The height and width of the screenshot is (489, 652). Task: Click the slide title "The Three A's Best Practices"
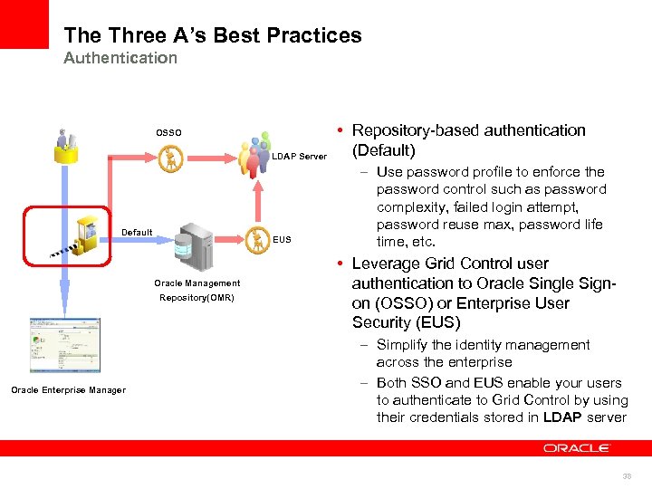(x=213, y=35)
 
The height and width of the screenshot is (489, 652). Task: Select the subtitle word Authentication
(x=120, y=58)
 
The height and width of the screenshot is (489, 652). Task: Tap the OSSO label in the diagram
(x=168, y=133)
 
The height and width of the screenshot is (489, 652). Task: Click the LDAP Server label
(x=299, y=157)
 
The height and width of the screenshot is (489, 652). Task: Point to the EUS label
(x=282, y=240)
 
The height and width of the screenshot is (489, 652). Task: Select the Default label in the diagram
(x=137, y=233)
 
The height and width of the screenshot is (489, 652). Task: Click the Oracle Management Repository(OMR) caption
(x=197, y=290)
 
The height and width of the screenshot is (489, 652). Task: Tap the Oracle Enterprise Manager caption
(x=68, y=390)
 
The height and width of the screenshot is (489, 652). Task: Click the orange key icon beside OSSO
(x=169, y=158)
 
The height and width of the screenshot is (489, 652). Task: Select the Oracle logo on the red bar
(x=576, y=447)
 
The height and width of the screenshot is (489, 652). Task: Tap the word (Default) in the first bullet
(x=384, y=150)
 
